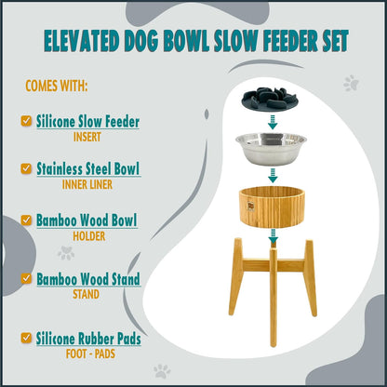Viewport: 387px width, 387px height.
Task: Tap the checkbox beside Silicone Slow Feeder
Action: [x=25, y=121]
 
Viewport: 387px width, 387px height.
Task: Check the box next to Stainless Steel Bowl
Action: [x=25, y=169]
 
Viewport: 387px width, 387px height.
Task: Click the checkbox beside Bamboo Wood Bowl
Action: [x=25, y=222]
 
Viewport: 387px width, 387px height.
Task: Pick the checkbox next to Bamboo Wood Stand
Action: [x=25, y=278]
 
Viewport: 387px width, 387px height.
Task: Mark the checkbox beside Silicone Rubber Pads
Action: [x=25, y=340]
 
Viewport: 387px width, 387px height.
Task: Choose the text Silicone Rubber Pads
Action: [x=88, y=339]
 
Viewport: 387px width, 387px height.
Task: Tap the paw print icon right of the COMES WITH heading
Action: [x=351, y=84]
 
